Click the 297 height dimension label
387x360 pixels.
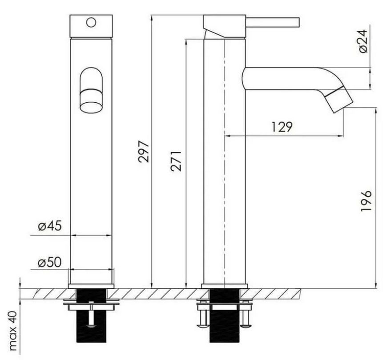pyautogui.click(x=143, y=151)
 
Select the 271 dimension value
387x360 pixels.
pyautogui.click(x=176, y=161)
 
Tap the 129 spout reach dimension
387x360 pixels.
pyautogui.click(x=282, y=127)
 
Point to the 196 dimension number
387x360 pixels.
pyautogui.click(x=366, y=201)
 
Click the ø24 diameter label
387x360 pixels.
pyautogui.click(x=363, y=41)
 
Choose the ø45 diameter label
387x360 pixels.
pyautogui.click(x=50, y=226)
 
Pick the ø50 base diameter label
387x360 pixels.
pyautogui.click(x=49, y=263)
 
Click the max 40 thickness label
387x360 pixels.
pyautogui.click(x=12, y=330)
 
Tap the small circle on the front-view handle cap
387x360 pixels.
pyautogui.click(x=91, y=22)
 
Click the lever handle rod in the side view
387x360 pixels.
pyautogui.click(x=273, y=22)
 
